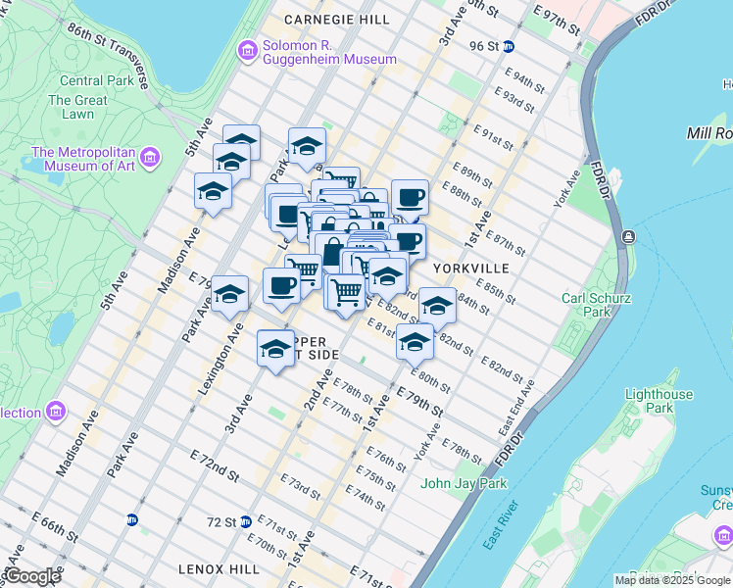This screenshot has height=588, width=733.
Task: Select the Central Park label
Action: [96, 80]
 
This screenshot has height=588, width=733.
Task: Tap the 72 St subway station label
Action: [222, 522]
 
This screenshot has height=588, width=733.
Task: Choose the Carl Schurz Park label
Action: [596, 305]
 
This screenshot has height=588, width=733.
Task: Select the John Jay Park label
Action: [464, 483]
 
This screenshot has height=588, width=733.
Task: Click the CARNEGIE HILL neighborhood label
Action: [322, 20]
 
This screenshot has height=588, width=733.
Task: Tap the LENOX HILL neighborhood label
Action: [219, 568]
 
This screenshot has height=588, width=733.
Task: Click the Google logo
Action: [31, 576]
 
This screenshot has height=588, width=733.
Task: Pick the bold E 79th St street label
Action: [421, 399]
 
